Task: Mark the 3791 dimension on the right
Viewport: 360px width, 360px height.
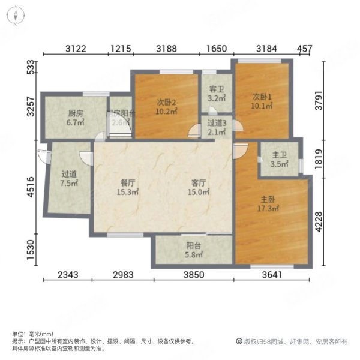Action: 326,97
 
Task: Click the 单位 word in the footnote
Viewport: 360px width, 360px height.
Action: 18,334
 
